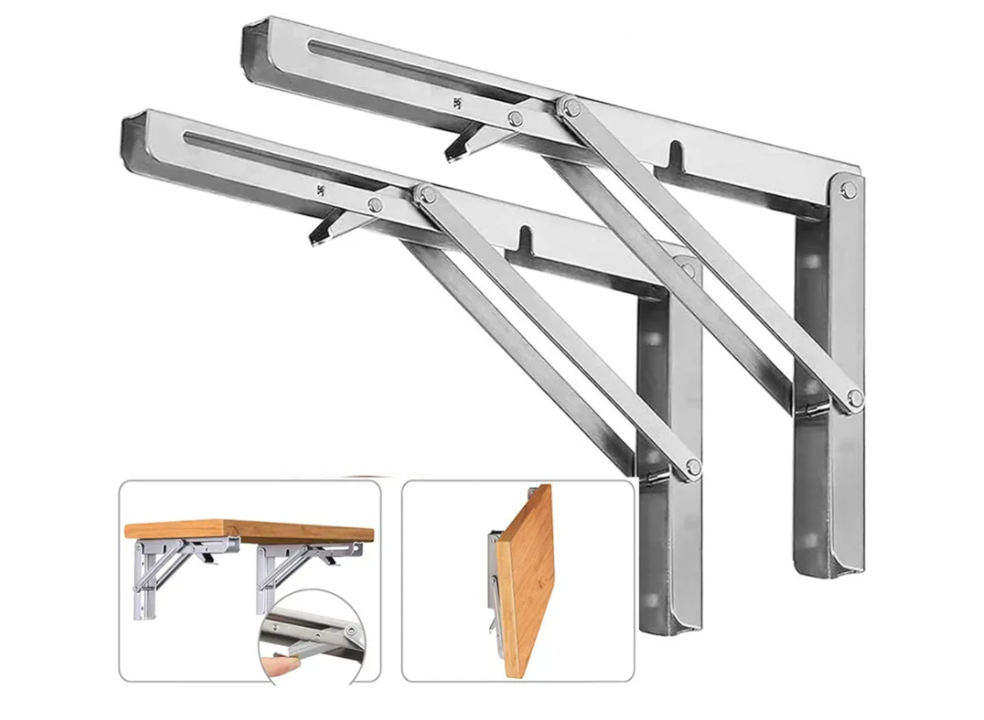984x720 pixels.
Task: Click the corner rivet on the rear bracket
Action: point(848,190)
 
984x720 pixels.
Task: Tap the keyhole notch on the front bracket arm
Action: point(525,240)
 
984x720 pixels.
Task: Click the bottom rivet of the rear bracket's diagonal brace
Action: point(854,396)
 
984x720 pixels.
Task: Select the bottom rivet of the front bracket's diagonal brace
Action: point(692,467)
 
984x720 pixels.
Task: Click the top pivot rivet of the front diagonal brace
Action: point(425,193)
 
